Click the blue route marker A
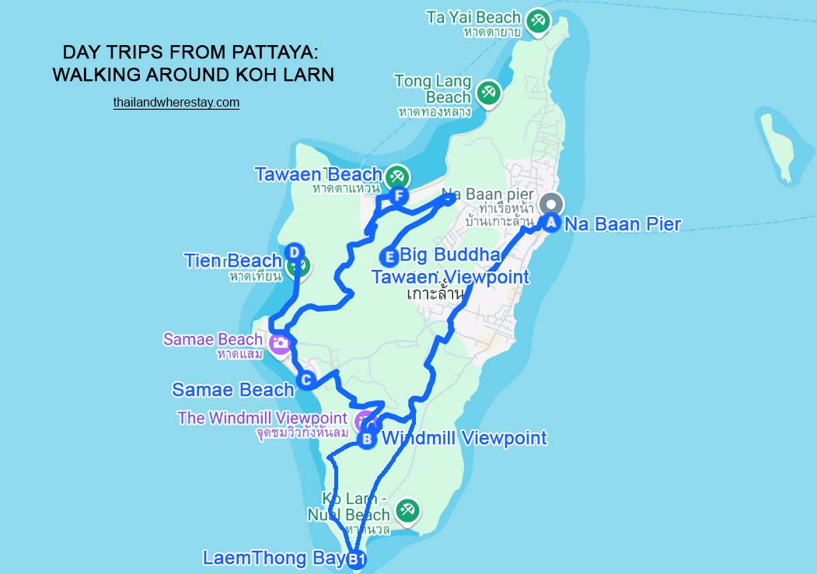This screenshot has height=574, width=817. coord(550,223)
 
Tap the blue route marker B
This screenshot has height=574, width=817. coord(367,439)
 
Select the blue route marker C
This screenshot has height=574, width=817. coord(306,380)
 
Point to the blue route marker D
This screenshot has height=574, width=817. coord(294,252)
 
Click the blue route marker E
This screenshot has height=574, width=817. coord(389,256)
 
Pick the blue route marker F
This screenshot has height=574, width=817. coord(399,195)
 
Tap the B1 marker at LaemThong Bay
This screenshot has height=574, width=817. coord(355,559)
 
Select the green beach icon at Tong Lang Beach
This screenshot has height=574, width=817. coord(488,92)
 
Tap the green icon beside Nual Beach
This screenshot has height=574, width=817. coord(406,511)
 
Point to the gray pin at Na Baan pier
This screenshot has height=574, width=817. coord(550,202)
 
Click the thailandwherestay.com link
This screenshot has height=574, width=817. coord(176,102)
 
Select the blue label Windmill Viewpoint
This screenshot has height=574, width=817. coord(464,438)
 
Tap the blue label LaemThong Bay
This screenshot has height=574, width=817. coord(273,558)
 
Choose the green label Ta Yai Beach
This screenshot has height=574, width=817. coord(473,17)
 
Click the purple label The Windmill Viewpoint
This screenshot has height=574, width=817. coord(262,418)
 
